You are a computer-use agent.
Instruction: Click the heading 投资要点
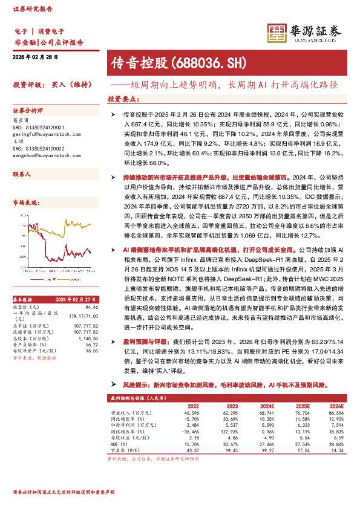point(123,99)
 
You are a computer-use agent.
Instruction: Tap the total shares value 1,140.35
point(88,338)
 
